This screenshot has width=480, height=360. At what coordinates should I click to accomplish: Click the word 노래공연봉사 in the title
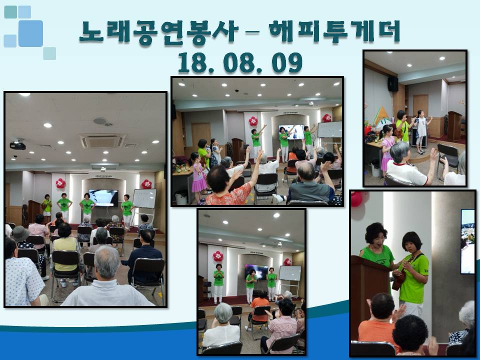(x=158, y=32)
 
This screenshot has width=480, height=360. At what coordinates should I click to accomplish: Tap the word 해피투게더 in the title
(x=334, y=31)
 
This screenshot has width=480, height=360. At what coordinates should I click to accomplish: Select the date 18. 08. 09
(x=239, y=62)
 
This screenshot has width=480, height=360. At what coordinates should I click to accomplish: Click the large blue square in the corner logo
(x=30, y=33)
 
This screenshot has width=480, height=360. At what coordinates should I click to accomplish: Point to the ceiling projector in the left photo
(x=18, y=145)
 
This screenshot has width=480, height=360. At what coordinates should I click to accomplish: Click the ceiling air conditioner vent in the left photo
(x=102, y=140)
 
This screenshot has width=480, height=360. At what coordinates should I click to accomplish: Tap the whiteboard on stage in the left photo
(x=144, y=198)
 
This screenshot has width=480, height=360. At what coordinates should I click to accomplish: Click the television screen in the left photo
(x=103, y=198)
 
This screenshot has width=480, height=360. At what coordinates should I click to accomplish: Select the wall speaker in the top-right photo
(x=393, y=83)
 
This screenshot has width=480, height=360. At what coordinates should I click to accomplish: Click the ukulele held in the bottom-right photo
(x=400, y=273)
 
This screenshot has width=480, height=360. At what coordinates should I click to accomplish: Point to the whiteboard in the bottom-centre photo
(x=290, y=273)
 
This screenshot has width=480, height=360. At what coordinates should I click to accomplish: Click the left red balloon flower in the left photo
(x=60, y=183)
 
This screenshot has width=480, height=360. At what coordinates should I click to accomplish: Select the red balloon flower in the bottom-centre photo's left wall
(x=218, y=256)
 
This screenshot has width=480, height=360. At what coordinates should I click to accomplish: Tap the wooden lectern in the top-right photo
(x=454, y=126)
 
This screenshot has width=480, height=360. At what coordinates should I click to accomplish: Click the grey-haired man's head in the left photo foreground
(x=107, y=262)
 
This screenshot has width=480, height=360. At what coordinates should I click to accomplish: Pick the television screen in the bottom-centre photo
(x=256, y=272)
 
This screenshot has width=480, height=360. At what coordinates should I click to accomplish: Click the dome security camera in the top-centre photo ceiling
(x=236, y=91)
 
